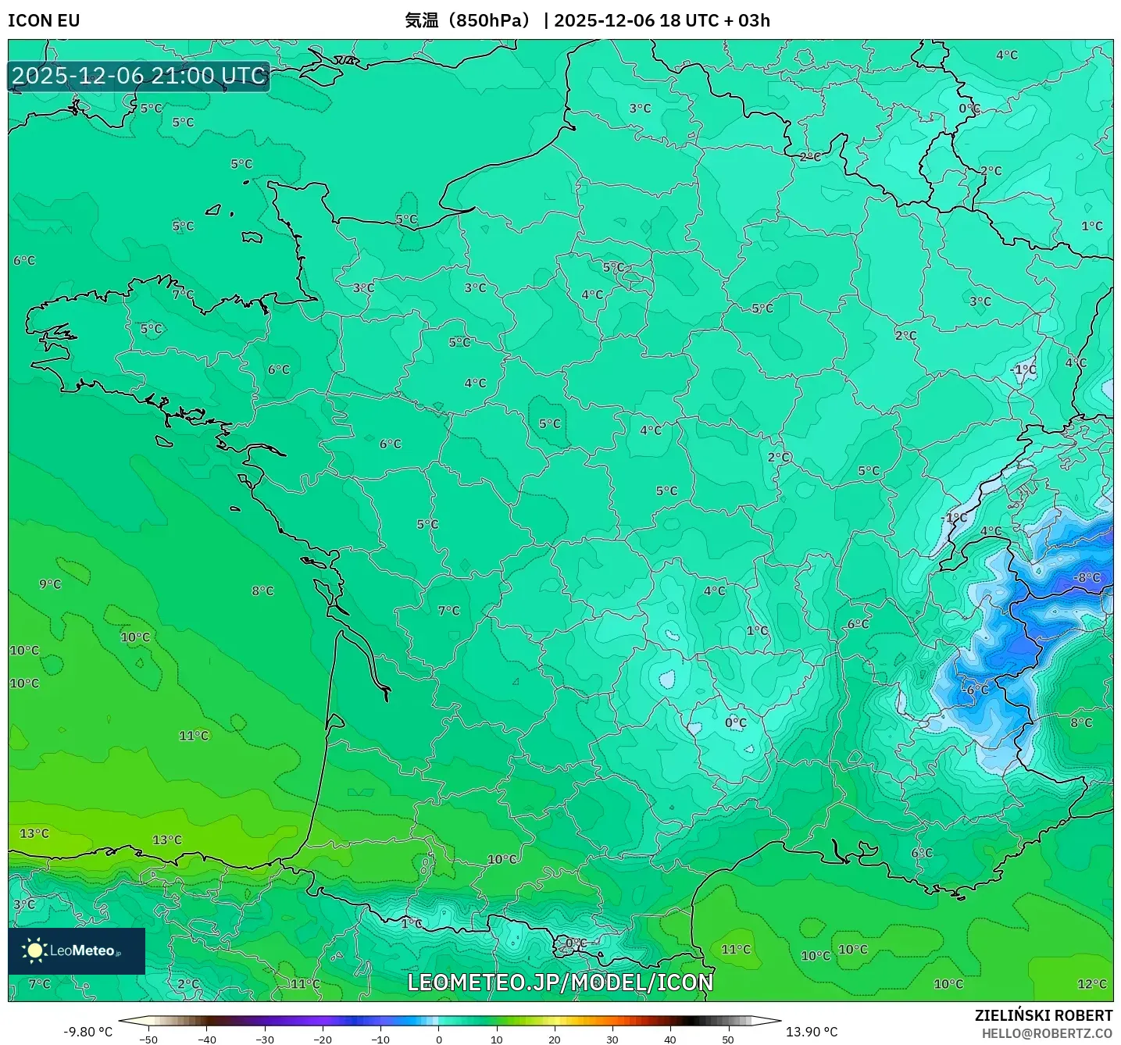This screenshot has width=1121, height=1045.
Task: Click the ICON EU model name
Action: pos(44,20)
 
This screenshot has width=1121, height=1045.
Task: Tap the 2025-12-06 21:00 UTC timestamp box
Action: pos(139,76)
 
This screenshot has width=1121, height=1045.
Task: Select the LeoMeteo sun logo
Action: pos(34,950)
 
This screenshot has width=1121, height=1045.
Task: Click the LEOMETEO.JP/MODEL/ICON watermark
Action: pos(560,983)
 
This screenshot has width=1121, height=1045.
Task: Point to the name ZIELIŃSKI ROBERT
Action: pos(1043,1015)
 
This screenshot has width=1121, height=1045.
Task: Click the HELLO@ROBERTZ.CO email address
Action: pos(1047,1033)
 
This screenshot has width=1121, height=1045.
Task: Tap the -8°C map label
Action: pos(1087,577)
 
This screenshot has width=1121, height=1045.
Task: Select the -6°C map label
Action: pos(976,690)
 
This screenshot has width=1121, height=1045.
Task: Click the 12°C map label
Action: pos(1091,984)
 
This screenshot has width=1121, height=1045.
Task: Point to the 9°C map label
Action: pos(50,584)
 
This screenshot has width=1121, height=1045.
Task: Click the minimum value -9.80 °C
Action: pos(87,1032)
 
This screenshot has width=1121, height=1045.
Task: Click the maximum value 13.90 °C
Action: pos(812,1032)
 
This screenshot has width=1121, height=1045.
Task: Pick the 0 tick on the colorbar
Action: pos(439,1040)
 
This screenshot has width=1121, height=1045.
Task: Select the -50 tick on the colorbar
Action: pos(148,1040)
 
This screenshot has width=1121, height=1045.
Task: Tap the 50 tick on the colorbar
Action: pos(728,1040)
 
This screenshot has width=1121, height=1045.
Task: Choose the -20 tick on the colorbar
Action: pos(323,1040)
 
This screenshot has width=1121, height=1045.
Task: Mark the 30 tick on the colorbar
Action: pos(612,1040)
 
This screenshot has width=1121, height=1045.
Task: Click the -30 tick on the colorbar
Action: pos(265,1040)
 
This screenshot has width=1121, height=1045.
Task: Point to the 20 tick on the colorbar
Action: pos(555,1040)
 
